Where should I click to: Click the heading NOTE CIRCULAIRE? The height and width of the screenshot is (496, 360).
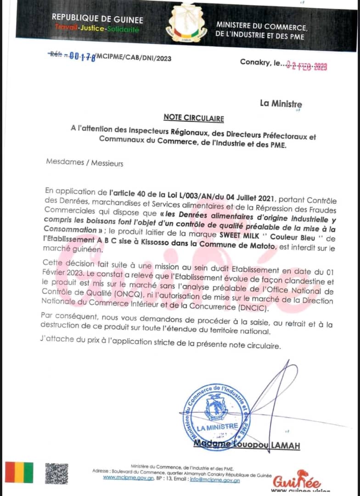(194, 118)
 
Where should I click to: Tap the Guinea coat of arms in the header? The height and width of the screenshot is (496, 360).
(186, 23)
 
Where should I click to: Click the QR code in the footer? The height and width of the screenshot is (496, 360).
(56, 473)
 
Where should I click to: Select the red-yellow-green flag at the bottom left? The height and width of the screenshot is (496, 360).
(19, 473)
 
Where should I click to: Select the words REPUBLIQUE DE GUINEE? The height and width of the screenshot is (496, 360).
(97, 19)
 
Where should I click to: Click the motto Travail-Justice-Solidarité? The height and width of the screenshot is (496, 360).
(97, 28)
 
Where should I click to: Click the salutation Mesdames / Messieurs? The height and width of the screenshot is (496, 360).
(84, 163)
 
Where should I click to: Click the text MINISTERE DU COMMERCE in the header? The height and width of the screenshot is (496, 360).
(262, 27)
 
